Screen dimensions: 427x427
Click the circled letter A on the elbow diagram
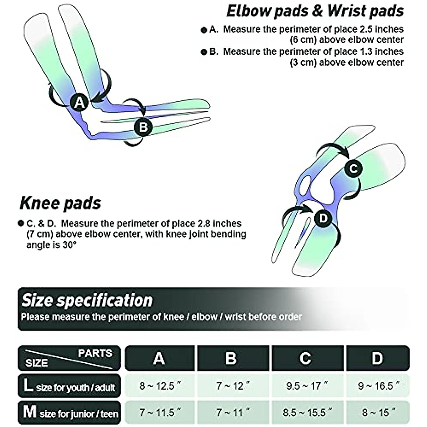coord(79,102)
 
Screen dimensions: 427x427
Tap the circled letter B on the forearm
coord(143,127)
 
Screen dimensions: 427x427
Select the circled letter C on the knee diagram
coord(353,168)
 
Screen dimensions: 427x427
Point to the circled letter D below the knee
coord(323,218)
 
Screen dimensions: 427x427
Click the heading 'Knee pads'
coord(60,203)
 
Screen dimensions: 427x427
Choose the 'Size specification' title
coord(87,300)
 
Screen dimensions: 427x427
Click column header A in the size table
coord(159,358)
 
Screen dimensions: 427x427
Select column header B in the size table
coord(231,358)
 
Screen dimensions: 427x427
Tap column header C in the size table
coord(305,358)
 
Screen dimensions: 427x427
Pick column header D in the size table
coord(377,358)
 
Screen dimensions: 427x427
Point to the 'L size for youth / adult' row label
coord(69,386)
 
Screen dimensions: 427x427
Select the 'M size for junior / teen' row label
coord(70,413)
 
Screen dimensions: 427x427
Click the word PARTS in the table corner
coord(95,353)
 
